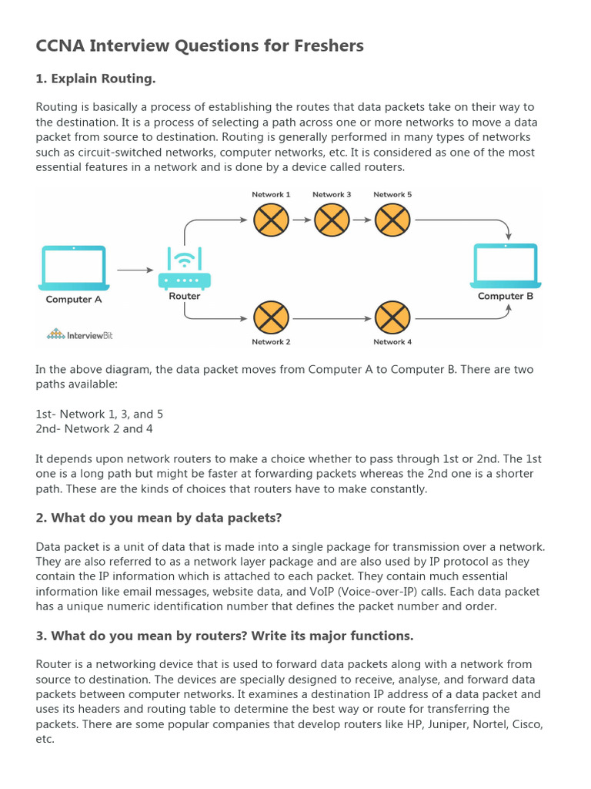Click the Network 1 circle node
click(x=271, y=220)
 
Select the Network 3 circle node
click(x=332, y=220)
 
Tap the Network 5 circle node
click(x=392, y=220)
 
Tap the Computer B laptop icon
click(x=506, y=264)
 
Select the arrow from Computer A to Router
click(x=135, y=270)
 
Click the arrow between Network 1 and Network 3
click(x=301, y=220)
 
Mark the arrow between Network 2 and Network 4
click(x=332, y=317)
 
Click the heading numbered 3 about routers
click(x=224, y=635)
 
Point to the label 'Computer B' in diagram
click(x=506, y=296)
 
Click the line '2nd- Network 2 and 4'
click(x=89, y=428)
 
